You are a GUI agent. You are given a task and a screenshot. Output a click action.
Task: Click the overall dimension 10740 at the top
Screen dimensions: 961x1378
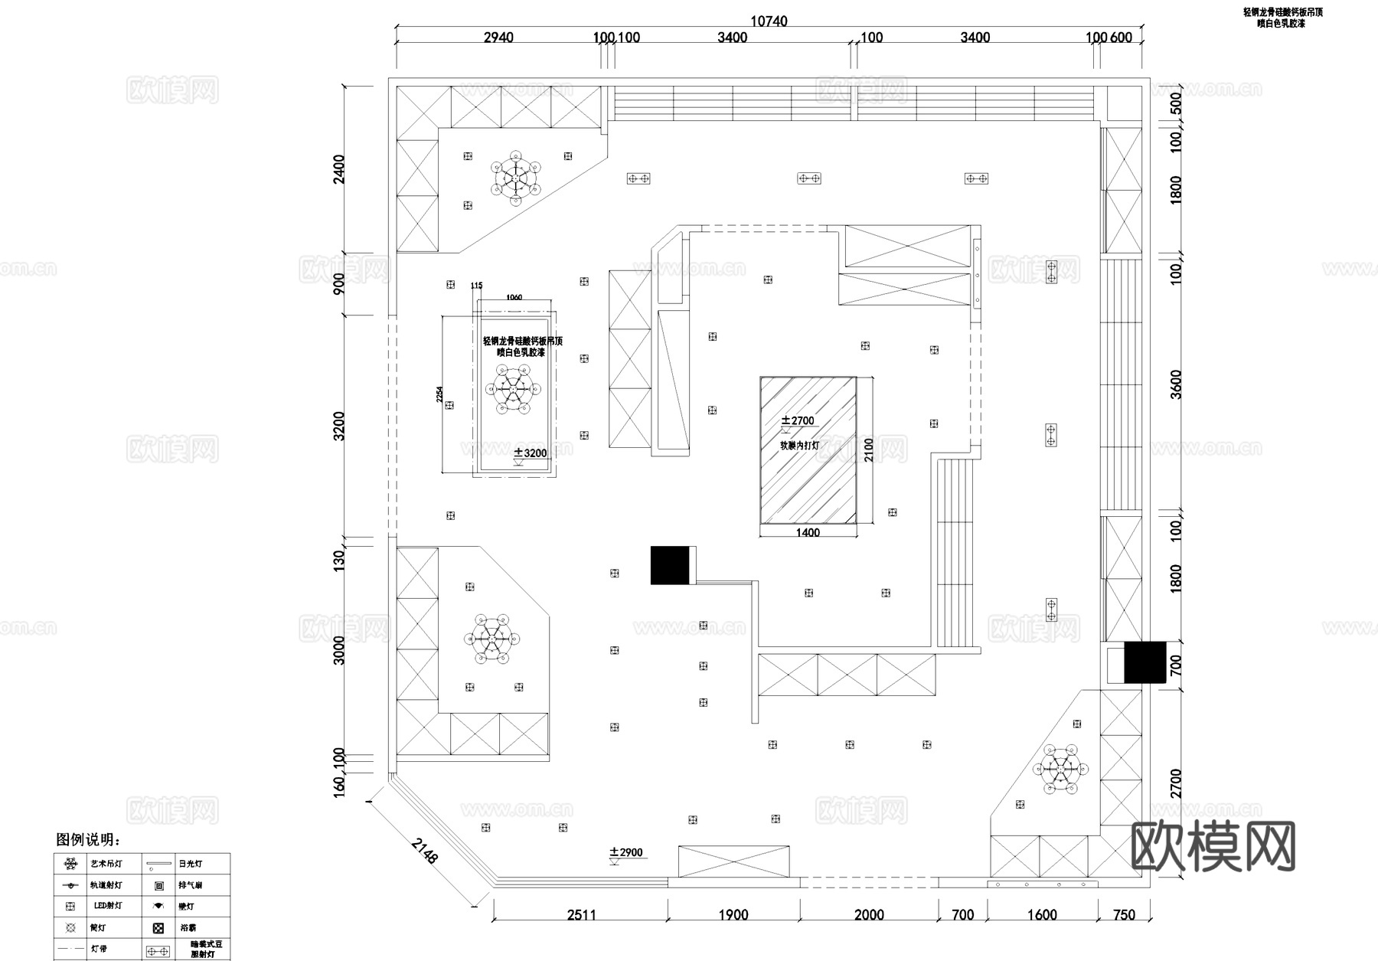point(769,21)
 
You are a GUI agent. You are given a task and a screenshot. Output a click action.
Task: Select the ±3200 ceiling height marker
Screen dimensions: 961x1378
point(531,453)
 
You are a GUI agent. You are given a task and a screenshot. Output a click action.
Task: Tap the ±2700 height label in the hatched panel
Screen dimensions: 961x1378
point(798,420)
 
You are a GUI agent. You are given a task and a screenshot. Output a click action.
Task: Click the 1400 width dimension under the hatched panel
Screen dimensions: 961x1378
point(808,532)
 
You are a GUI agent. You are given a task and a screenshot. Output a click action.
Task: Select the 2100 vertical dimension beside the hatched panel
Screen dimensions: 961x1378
point(868,450)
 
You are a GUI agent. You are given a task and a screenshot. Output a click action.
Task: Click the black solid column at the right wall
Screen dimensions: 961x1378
point(1145,662)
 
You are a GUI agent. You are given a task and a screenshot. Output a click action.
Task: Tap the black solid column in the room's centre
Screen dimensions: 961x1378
point(671,565)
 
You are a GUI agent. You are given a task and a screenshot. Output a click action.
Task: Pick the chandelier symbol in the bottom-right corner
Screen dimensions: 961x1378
point(1062,768)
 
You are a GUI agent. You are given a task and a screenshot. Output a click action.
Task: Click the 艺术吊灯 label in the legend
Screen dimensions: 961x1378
point(106,864)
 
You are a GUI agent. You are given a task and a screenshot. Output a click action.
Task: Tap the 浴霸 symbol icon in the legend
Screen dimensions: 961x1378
point(158,928)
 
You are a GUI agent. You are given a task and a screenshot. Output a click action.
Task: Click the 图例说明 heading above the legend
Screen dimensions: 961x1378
point(88,840)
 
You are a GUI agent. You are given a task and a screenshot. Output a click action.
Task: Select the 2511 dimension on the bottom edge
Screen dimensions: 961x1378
point(581,914)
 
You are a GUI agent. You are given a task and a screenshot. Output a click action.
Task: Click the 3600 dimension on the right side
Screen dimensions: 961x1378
point(1176,384)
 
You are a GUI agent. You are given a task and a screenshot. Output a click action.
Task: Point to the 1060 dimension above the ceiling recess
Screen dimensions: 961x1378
point(514,297)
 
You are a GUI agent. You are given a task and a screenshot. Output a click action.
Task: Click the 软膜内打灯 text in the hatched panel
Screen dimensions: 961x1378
point(800,445)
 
